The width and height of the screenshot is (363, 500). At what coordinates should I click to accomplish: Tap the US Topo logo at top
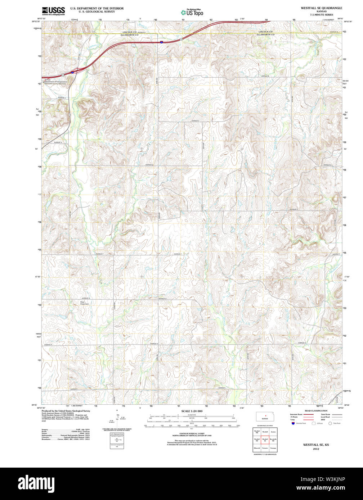192,12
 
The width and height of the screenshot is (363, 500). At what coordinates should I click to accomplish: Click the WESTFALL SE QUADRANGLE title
322,8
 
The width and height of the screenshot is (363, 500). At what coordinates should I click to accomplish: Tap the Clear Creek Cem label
84,303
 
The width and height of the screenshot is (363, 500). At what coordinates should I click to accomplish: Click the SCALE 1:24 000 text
192,411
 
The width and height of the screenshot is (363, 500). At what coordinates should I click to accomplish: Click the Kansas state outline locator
265,417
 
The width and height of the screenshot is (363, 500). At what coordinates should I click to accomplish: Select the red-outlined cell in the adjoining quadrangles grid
265,440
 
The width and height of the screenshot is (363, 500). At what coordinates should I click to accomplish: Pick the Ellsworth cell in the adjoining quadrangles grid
257,448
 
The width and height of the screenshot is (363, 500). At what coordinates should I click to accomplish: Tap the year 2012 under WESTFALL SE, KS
316,449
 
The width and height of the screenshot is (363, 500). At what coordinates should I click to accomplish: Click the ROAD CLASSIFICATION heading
316,411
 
